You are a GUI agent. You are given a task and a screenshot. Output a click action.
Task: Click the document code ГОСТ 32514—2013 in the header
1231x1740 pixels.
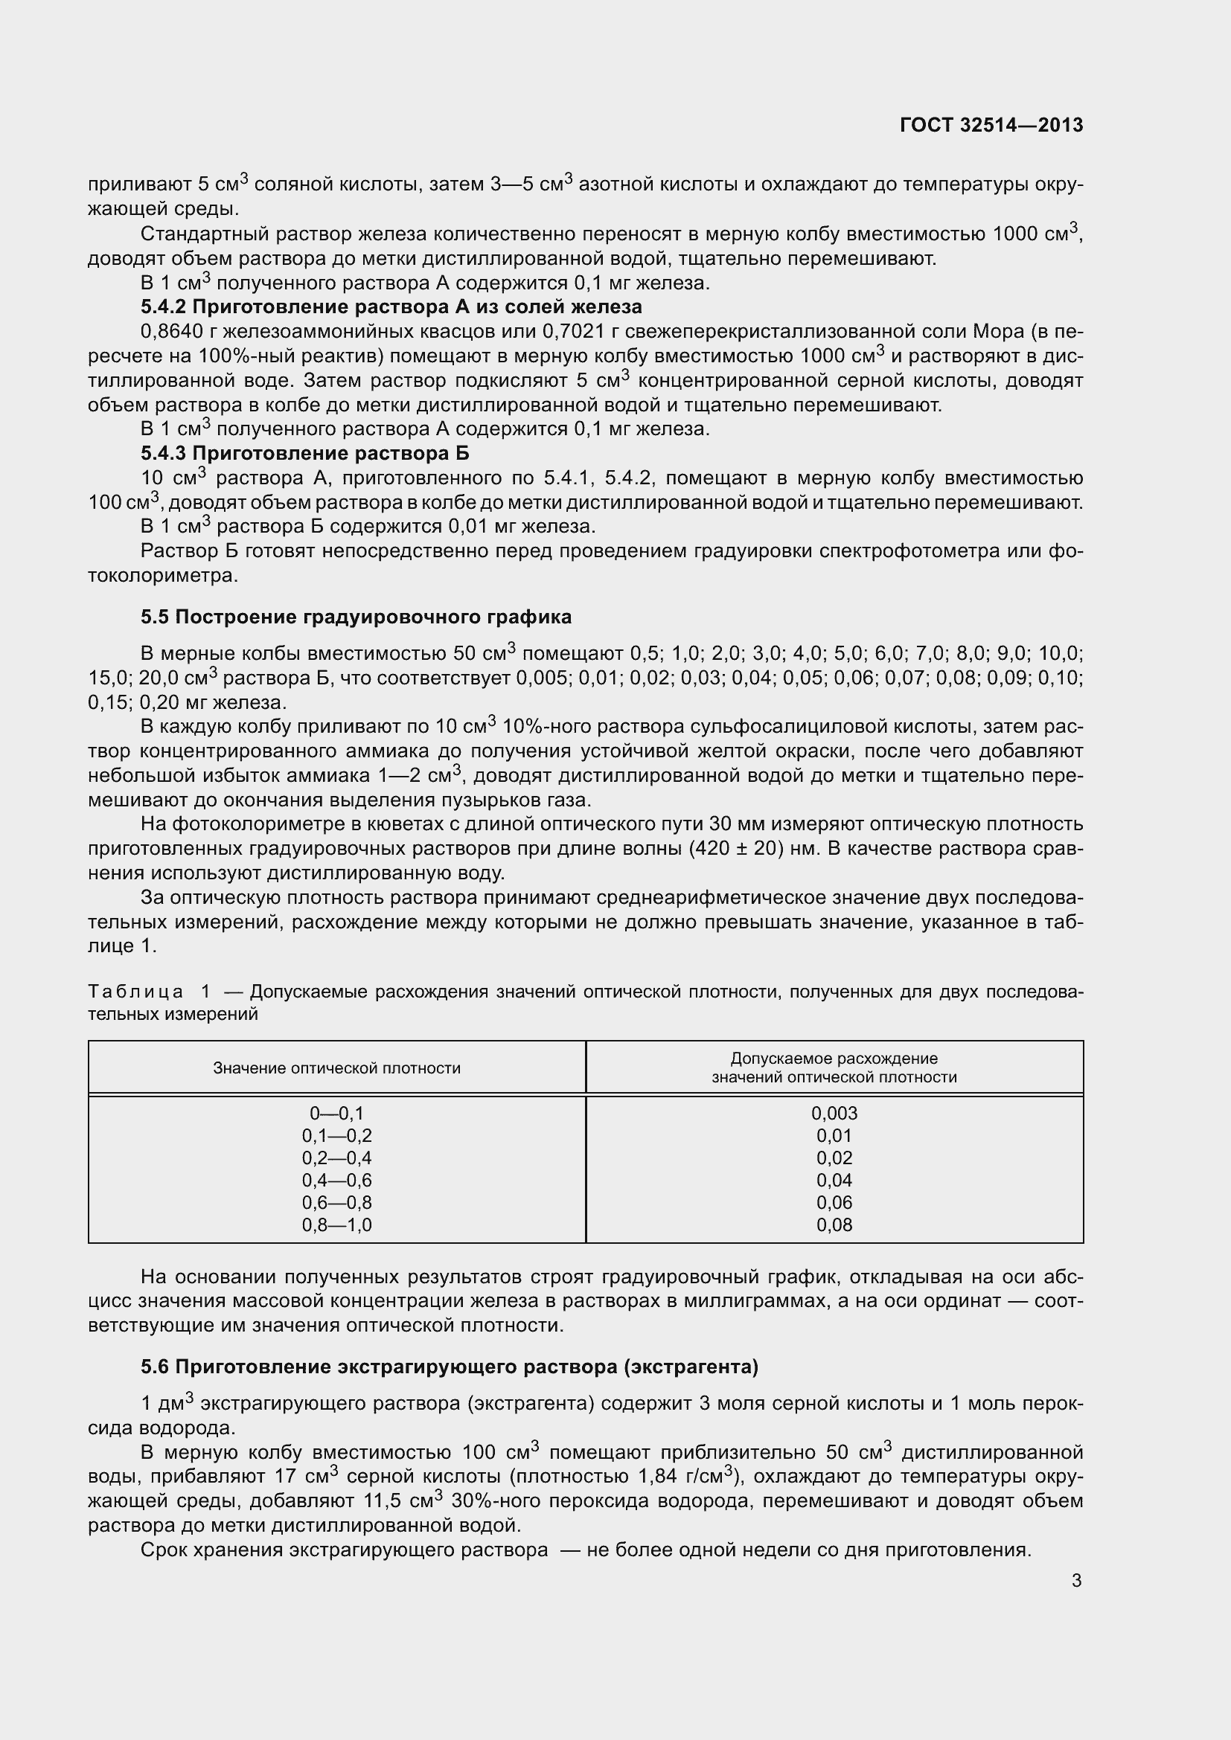tap(991, 125)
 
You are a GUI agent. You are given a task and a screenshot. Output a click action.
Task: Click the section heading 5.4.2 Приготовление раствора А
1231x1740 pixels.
tap(391, 307)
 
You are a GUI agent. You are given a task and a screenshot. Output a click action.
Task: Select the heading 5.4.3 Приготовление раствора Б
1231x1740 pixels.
tap(304, 453)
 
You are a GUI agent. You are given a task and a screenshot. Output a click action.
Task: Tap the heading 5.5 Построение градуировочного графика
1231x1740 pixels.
tap(356, 617)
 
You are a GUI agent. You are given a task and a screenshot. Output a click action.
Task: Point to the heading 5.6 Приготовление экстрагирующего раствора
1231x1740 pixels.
tap(450, 1367)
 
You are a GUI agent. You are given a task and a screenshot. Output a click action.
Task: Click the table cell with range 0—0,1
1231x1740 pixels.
tap(336, 1114)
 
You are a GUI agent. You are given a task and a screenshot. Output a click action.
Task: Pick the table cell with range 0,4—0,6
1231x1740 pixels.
tap(336, 1180)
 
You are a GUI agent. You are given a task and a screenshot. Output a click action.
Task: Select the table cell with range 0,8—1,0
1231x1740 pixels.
tap(336, 1224)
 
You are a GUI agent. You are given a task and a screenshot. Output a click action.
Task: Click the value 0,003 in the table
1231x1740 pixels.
tap(834, 1114)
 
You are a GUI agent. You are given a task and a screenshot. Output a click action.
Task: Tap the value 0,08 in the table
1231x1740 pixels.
tap(834, 1224)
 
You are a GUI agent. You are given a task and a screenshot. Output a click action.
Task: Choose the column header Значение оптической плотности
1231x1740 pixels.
tap(336, 1068)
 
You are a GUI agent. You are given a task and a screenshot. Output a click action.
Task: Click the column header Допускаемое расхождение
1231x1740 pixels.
tap(834, 1059)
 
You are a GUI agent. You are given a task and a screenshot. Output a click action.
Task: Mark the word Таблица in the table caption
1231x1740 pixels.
tap(135, 991)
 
